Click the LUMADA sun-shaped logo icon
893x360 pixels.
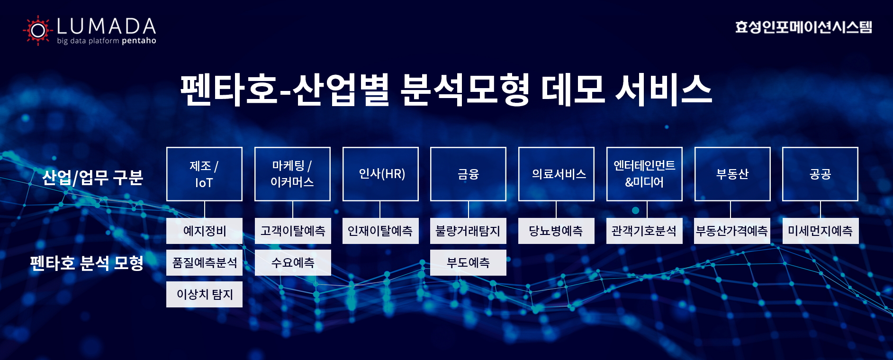[x=37, y=30]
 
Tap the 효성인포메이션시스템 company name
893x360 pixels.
[x=803, y=27]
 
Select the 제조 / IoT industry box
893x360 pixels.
[x=204, y=174]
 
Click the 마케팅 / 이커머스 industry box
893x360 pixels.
[x=292, y=174]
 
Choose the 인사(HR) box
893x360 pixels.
[x=380, y=174]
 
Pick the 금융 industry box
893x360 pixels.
[x=468, y=174]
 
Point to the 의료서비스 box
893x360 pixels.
[x=556, y=174]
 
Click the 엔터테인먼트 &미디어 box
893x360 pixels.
[x=644, y=174]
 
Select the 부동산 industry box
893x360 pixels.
[x=732, y=174]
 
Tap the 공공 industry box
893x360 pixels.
[x=820, y=174]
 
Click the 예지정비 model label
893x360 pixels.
[x=204, y=231]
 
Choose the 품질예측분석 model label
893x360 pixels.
[x=204, y=262]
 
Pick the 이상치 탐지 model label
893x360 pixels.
[x=204, y=294]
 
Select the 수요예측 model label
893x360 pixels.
[x=293, y=262]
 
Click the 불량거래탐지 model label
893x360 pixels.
[x=468, y=231]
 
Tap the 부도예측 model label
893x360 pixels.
[x=468, y=262]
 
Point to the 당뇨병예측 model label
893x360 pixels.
[x=556, y=231]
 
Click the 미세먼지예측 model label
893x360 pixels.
[x=821, y=231]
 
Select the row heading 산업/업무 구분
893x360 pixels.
[x=92, y=177]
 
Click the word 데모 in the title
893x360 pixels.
[x=573, y=89]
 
